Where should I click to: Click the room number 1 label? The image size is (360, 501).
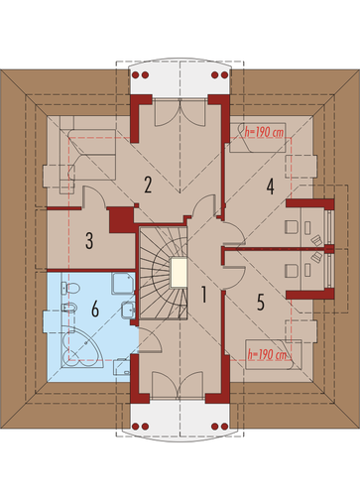[x=204, y=295]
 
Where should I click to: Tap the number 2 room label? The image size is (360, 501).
[x=148, y=185]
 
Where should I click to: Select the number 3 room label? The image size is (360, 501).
[x=89, y=240]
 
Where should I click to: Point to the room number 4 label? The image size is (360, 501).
[x=271, y=187]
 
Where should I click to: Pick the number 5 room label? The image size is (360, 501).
[x=261, y=303]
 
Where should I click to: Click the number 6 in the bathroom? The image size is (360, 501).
[x=95, y=310]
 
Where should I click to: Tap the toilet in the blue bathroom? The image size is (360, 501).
[x=70, y=288]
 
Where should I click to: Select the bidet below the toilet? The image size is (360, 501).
[x=69, y=309]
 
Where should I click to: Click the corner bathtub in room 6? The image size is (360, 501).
[x=81, y=346]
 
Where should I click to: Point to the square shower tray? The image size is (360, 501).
[x=123, y=283]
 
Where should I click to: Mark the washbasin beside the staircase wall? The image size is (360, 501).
[x=128, y=310]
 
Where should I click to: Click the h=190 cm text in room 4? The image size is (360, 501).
[x=264, y=133]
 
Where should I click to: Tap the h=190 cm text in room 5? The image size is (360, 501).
[x=268, y=355]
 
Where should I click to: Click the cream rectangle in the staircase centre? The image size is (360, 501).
[x=179, y=273]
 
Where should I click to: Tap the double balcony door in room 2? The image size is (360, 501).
[x=179, y=113]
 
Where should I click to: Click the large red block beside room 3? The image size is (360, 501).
[x=121, y=220]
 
